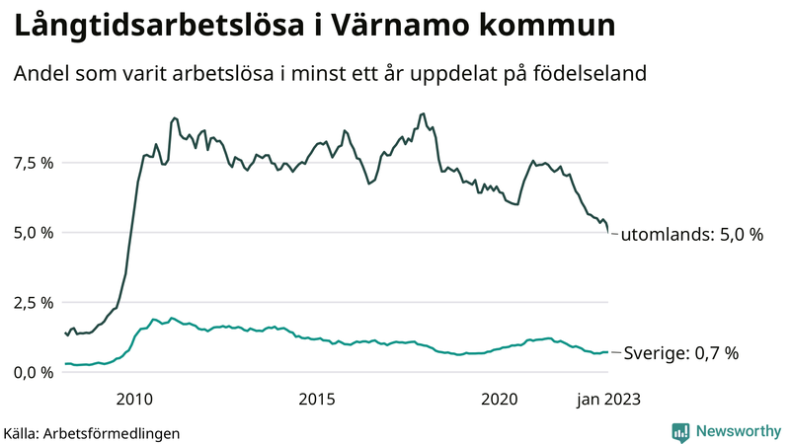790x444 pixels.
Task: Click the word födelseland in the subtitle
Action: coord(591,74)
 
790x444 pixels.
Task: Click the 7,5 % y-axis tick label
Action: coord(33,162)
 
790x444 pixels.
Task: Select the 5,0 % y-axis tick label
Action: coord(33,232)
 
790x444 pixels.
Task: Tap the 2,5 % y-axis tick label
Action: coord(33,302)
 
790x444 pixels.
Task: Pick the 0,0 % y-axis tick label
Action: coord(33,372)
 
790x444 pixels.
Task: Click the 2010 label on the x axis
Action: coord(134,399)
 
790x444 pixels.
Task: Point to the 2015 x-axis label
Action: coord(317,399)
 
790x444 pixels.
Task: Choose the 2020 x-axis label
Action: coord(500,399)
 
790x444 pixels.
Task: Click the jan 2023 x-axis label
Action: coord(607,399)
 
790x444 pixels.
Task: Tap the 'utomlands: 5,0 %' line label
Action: coord(691,235)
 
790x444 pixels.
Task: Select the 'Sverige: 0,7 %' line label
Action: coord(679,352)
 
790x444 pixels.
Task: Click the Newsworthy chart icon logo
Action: coord(680,431)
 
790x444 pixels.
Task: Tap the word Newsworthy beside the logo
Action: coord(736,431)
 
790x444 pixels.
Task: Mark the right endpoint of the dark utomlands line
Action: coord(608,232)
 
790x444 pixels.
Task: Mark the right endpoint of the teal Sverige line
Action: coord(608,351)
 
